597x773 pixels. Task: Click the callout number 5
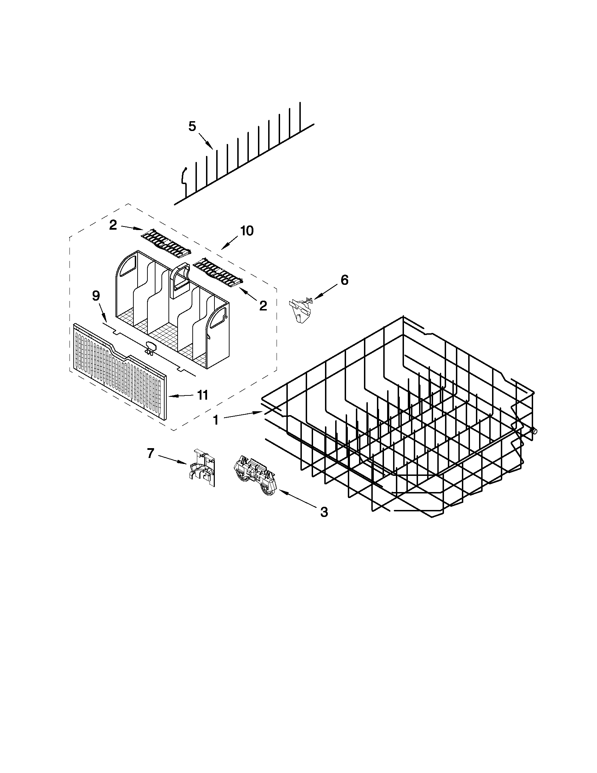[x=192, y=126]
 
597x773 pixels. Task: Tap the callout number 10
[x=247, y=231]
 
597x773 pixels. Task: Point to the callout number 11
[x=202, y=395]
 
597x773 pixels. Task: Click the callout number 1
[x=216, y=420]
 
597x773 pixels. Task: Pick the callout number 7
[x=151, y=453]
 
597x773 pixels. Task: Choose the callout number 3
[x=324, y=512]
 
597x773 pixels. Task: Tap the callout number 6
[x=344, y=280]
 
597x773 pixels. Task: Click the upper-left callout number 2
[x=113, y=225]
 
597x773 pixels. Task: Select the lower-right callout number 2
[x=263, y=306]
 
